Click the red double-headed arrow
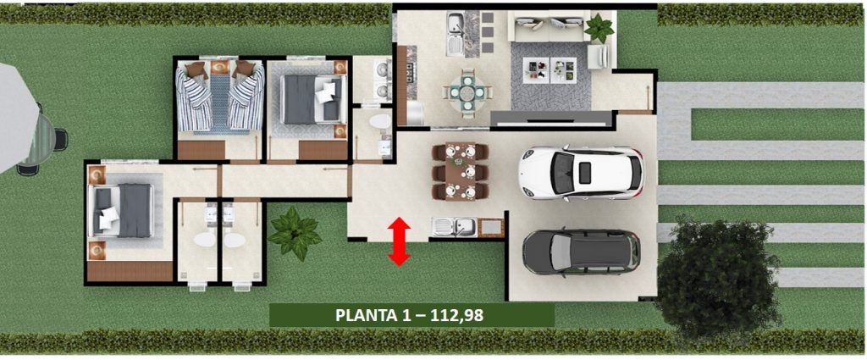(x=399, y=241)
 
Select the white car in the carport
(x=581, y=173)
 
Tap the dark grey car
(x=582, y=252)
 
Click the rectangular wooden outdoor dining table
(x=461, y=171)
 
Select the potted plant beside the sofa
(x=599, y=28)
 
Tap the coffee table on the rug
(x=550, y=69)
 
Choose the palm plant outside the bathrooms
(x=294, y=233)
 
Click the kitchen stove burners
(x=411, y=73)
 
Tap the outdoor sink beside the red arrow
(x=454, y=227)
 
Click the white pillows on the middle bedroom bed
(x=326, y=91)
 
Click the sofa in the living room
(x=548, y=26)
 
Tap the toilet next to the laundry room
(x=379, y=121)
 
